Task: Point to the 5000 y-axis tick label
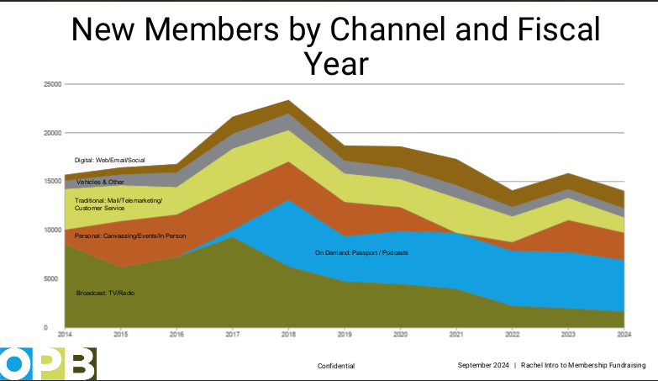[x=53, y=278]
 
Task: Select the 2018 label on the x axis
[x=288, y=334]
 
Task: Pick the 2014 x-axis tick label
[x=64, y=334]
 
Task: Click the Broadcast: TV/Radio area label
[x=106, y=293]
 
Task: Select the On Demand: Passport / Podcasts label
[x=361, y=251]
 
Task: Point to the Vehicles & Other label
[x=100, y=182]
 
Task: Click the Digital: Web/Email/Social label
[x=110, y=159]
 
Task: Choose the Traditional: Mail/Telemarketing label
[x=118, y=200]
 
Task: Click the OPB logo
[x=48, y=363]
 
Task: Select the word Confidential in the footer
[x=336, y=366]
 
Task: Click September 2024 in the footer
[x=483, y=365]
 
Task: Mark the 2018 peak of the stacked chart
[x=288, y=100]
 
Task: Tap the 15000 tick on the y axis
[x=51, y=181]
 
